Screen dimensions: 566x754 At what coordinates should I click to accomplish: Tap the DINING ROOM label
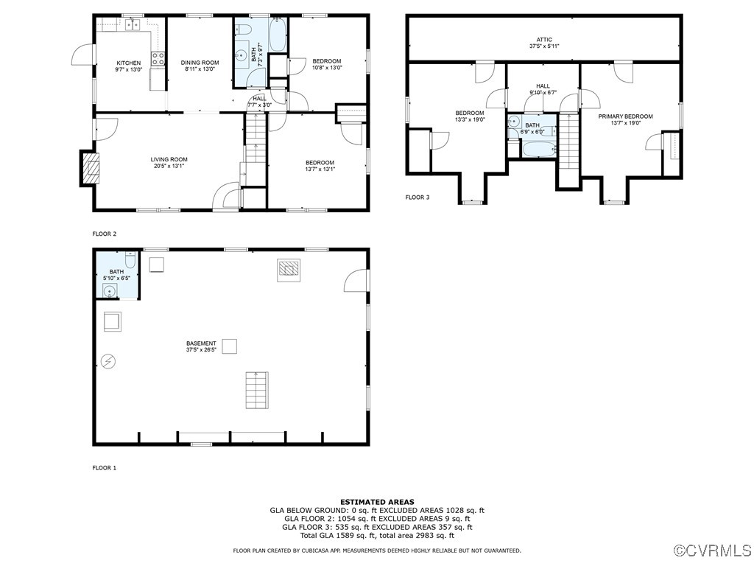tap(200, 63)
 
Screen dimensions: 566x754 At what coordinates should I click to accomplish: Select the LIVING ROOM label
tap(169, 159)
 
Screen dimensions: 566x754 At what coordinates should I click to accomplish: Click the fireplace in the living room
tap(88, 168)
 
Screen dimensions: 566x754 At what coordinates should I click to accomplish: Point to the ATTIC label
tap(544, 40)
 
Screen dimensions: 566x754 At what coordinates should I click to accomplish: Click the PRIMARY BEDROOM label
tap(625, 116)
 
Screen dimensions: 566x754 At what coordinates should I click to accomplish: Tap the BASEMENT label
tap(201, 343)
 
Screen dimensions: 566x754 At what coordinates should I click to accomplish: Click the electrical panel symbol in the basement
tap(108, 361)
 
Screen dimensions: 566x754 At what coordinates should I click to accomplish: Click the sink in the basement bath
tap(110, 290)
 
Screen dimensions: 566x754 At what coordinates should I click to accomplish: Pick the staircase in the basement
tap(256, 391)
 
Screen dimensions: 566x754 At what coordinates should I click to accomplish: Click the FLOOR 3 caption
tap(417, 198)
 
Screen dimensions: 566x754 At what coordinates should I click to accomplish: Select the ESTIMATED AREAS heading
tap(377, 502)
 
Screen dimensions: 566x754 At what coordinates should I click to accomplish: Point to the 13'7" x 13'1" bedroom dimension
tap(320, 170)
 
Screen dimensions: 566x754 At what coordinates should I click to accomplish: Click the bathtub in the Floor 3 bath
tap(537, 150)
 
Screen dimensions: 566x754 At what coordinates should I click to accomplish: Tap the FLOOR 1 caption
tap(104, 468)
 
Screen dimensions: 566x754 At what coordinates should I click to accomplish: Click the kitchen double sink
tap(133, 25)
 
